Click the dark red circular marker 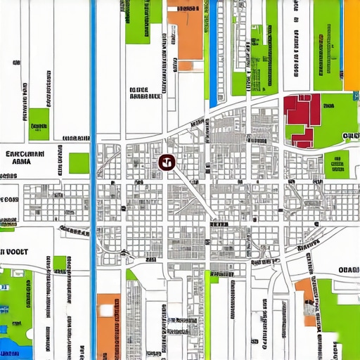(166, 163)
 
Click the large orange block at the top (184, 32)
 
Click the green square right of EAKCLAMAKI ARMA (79, 163)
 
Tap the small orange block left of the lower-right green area (304, 288)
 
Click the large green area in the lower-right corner (337, 316)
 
